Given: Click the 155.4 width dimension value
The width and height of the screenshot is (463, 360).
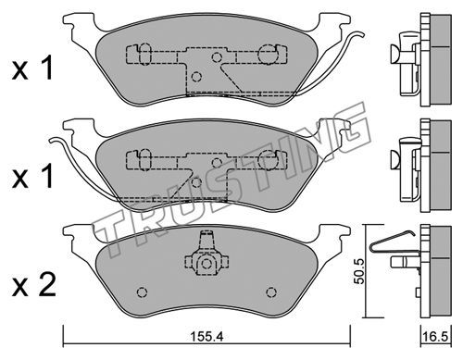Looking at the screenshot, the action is pos(206,337).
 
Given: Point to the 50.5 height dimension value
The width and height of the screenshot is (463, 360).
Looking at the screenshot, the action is pos(359,271).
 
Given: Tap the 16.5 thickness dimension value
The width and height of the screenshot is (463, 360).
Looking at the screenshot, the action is pos(436,337).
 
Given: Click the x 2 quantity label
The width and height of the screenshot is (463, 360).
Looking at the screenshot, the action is pos(34,285).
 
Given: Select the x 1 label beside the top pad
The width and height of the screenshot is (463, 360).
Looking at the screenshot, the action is pos(32,68).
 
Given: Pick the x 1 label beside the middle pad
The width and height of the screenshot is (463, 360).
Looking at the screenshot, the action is pos(32,177).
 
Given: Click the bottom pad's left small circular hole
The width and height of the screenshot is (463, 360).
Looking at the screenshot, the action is pos(142,292).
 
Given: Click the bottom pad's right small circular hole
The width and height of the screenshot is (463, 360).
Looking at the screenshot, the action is pos(271,292).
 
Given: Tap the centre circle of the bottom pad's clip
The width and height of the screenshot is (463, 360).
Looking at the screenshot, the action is pos(206,264).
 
